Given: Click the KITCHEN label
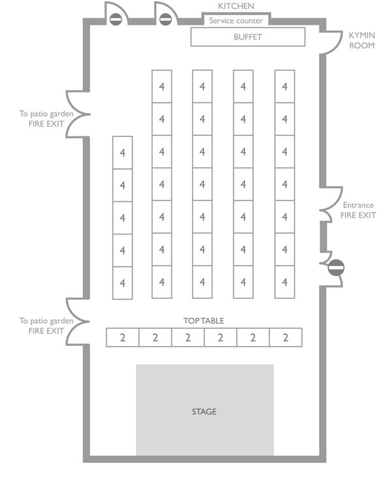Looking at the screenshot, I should pos(236,7).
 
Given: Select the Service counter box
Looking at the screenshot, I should pos(236,21).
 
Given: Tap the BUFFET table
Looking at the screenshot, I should pos(248,37).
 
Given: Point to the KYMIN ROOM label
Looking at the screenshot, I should pos(361,40).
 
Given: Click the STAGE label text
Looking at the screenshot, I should pos(204,412).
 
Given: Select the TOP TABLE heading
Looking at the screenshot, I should pos(203,321).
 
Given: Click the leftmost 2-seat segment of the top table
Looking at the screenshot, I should pos(122,337).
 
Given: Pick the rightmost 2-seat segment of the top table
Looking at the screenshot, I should pos(286,337).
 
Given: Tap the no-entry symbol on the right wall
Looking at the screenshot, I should pos(336,266).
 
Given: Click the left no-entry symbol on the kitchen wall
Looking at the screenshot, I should pos(116,20).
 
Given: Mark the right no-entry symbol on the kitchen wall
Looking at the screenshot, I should pos(165,20).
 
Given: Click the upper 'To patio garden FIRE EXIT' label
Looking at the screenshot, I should pos(42,118).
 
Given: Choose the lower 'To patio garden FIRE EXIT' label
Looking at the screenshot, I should pos(42,326).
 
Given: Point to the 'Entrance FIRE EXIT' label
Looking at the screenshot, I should pos(358,210).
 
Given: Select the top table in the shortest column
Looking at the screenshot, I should pos(122,153).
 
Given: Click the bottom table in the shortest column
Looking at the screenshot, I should pos(122,283).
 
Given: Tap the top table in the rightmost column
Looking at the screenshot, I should pos(284,86).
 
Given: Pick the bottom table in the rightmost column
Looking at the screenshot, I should pos(284,282).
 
